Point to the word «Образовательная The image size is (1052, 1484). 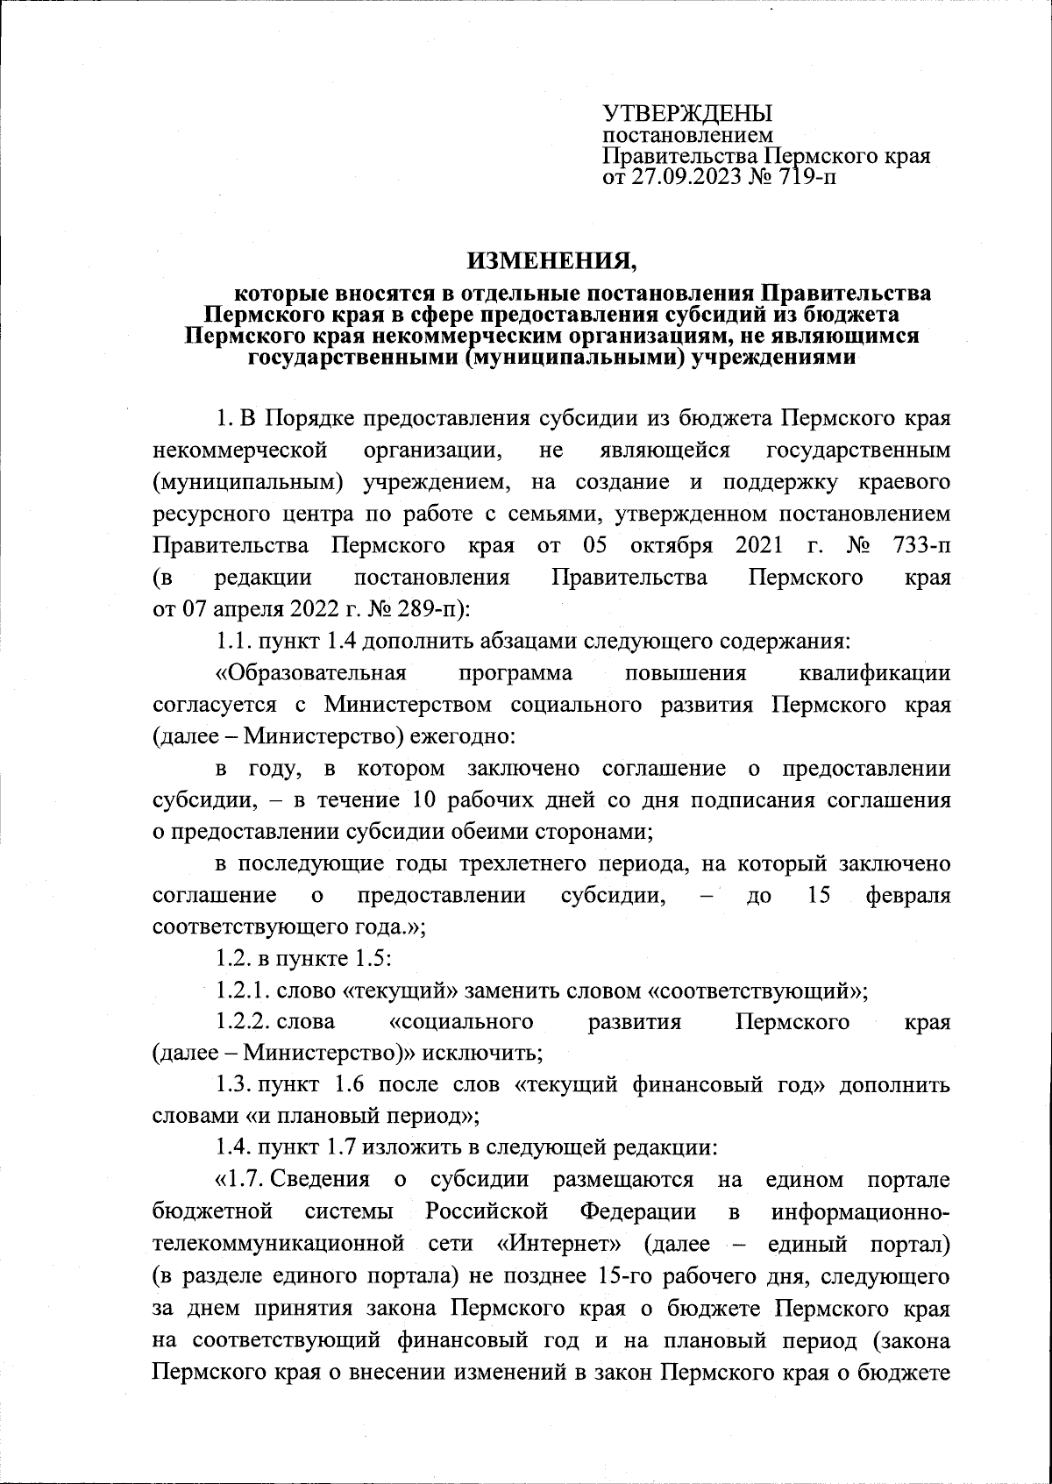[x=311, y=673]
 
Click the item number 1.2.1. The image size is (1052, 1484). [x=243, y=991]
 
